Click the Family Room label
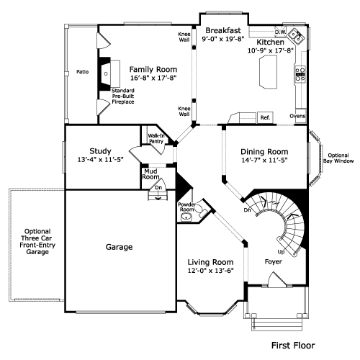pos(153,70)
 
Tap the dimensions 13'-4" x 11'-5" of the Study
pos(100,160)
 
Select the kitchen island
pos(268,72)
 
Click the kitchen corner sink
pos(296,37)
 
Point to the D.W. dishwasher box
pos(281,32)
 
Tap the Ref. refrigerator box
pos(265,117)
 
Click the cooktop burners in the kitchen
pos(300,74)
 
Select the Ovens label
pos(297,116)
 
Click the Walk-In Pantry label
pos(156,138)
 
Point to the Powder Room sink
pos(186,217)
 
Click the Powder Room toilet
pos(201,210)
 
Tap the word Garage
pos(119,247)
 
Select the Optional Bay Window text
pos(338,158)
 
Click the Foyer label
pos(274,261)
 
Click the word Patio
pos(82,72)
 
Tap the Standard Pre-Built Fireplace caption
pos(123,96)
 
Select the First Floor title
pos(293,346)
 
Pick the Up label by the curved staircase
pos(281,252)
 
